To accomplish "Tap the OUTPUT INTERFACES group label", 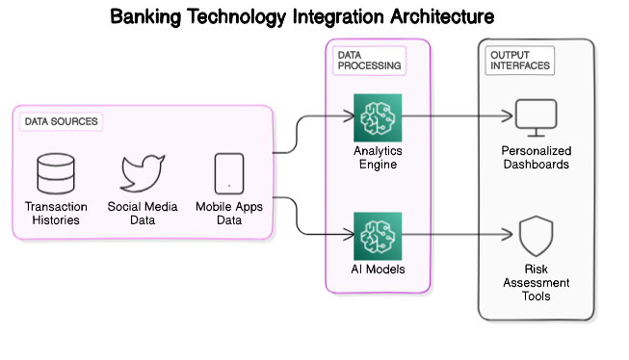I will (x=519, y=60).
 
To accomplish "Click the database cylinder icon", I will (x=56, y=174).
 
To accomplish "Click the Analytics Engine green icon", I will (x=378, y=117).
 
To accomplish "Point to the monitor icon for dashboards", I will (x=536, y=117).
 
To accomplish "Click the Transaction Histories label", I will (x=56, y=214).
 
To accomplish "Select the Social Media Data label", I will (x=144, y=214).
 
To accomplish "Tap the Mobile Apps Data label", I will (x=229, y=214).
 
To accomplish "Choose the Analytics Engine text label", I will (x=378, y=158).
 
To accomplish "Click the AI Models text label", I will (x=378, y=270).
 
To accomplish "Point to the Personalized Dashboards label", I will (x=536, y=158).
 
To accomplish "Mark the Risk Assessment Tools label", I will (x=536, y=283).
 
